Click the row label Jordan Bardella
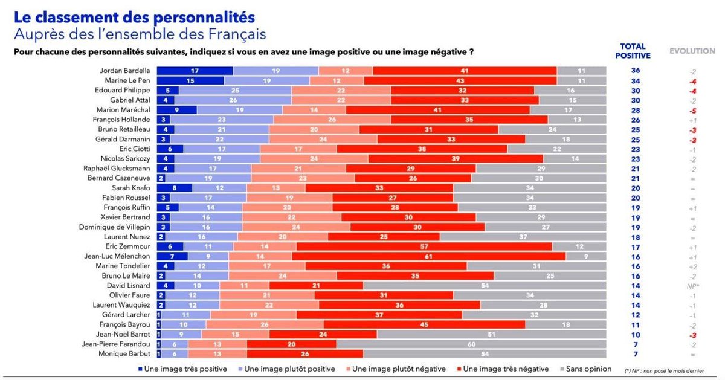pyautogui.click(x=124, y=71)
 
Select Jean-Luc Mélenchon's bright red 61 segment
pyautogui.click(x=429, y=256)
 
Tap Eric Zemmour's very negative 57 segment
pyautogui.click(x=424, y=246)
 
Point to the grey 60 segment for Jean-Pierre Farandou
pyautogui.click(x=471, y=344)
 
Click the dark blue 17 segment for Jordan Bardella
pyautogui.click(x=195, y=71)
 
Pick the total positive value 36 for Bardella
pyautogui.click(x=636, y=71)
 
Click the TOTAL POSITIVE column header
pyautogui.click(x=633, y=51)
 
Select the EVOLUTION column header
pyautogui.click(x=692, y=51)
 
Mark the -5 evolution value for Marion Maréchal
pyautogui.click(x=692, y=111)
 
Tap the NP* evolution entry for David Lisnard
pyautogui.click(x=692, y=286)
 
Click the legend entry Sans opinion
pyautogui.click(x=586, y=369)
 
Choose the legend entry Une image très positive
pyautogui.click(x=182, y=369)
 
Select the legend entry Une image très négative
pyautogui.click(x=503, y=369)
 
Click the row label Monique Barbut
pyautogui.click(x=124, y=354)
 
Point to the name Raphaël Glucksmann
pyautogui.click(x=117, y=169)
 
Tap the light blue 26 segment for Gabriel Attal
pyautogui.click(x=233, y=100)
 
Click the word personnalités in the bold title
pyautogui.click(x=204, y=18)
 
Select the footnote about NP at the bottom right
pyautogui.click(x=664, y=370)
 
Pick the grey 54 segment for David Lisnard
pyautogui.click(x=485, y=286)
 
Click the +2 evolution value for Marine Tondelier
pyautogui.click(x=692, y=266)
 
